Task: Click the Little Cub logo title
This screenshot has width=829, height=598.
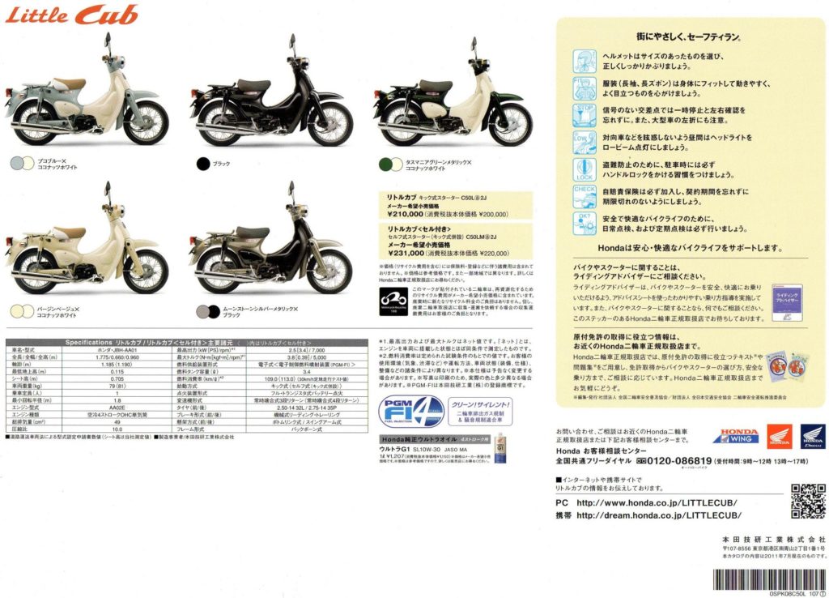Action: [x=73, y=15]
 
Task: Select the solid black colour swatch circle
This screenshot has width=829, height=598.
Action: [x=203, y=164]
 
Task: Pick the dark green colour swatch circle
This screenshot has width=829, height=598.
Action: [x=385, y=164]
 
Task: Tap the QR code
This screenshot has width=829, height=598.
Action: [x=806, y=500]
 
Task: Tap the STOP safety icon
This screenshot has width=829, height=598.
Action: [x=584, y=113]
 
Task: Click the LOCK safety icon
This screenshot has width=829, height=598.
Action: [x=584, y=169]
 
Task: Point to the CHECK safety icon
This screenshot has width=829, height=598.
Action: [x=584, y=196]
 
